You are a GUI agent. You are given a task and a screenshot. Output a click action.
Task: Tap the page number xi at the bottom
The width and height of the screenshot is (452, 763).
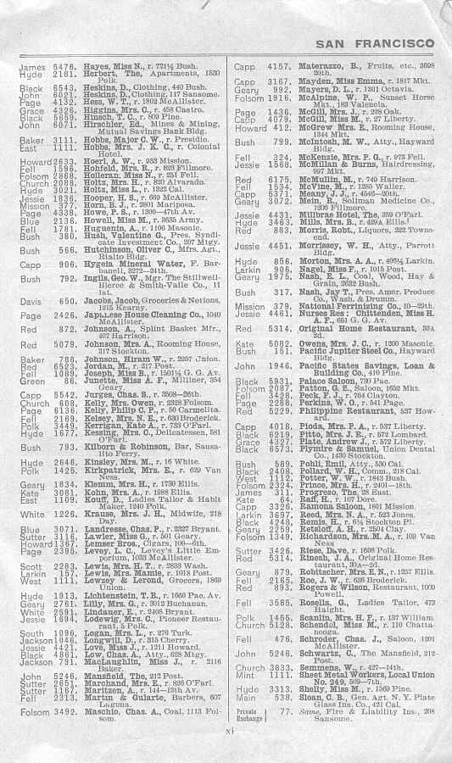227,750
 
